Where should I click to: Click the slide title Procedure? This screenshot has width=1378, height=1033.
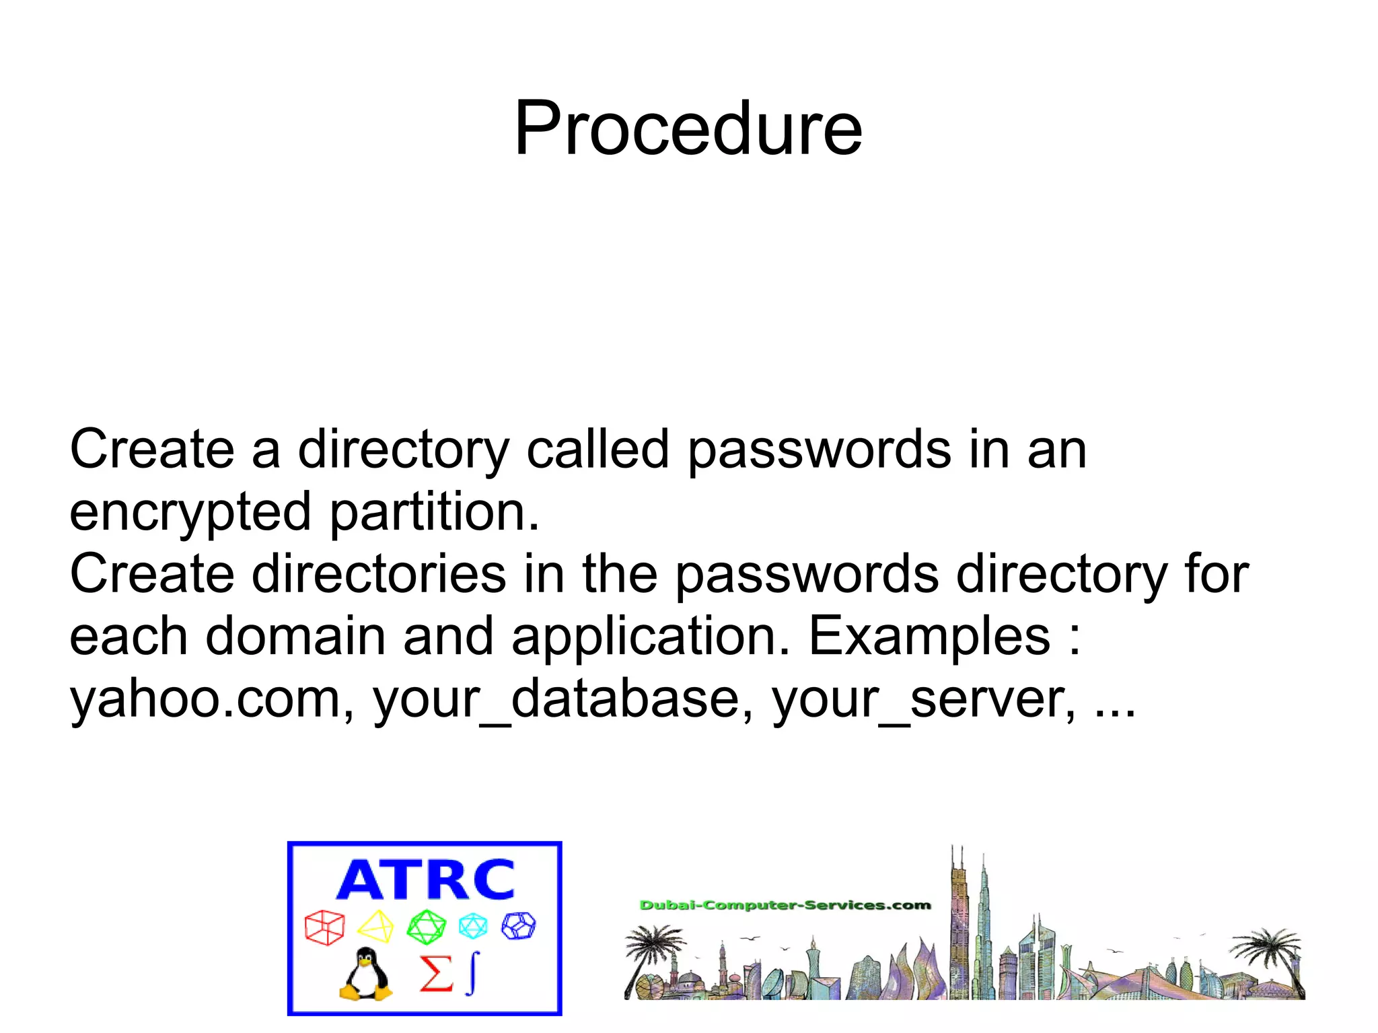688,128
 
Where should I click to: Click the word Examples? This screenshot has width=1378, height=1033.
929,637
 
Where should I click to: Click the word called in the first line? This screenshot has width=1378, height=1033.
597,450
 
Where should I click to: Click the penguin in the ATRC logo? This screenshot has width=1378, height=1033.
365,974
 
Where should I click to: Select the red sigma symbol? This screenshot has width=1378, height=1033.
436,974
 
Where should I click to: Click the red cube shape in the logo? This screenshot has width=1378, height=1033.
324,927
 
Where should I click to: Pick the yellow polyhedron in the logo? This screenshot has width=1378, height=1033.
375,927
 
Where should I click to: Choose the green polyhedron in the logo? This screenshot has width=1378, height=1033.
426,927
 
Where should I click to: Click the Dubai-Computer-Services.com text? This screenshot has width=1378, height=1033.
785,905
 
